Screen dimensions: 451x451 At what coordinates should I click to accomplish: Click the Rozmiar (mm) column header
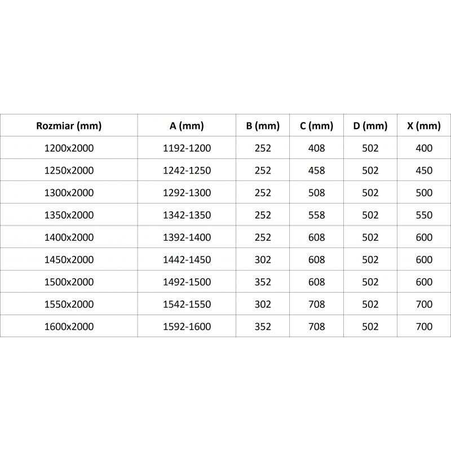pos(69,126)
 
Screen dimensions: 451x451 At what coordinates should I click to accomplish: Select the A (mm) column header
pos(187,126)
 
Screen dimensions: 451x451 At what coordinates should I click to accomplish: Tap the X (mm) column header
pos(423,126)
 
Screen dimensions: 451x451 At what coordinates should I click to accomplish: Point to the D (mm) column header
pos(370,126)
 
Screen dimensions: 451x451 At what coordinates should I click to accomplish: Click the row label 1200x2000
pos(69,148)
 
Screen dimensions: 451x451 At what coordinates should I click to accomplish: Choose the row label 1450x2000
pos(69,260)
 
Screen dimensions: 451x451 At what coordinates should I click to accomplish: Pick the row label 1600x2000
pos(69,326)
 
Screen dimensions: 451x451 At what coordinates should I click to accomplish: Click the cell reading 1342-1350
pos(187,215)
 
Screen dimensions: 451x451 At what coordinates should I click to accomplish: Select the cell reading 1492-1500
pos(187,282)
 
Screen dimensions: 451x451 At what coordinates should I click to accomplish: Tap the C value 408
pos(317,148)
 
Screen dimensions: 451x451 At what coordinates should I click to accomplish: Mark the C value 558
pos(317,215)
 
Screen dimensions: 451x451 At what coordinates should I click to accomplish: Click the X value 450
pos(423,170)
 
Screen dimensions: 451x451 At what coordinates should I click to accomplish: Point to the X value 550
pos(423,215)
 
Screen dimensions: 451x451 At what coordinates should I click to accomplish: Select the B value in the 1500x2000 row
pos(263,282)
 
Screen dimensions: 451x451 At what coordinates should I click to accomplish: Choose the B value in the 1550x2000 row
pos(263,304)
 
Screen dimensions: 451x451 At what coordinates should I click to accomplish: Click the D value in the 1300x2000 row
pos(370,193)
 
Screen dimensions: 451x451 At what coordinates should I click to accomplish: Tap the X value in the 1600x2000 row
pos(423,326)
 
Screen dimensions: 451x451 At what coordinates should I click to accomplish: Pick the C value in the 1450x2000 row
pos(317,260)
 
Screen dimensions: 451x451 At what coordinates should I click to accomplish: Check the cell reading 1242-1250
pos(187,170)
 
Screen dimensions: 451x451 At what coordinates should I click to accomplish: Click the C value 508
pos(317,193)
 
